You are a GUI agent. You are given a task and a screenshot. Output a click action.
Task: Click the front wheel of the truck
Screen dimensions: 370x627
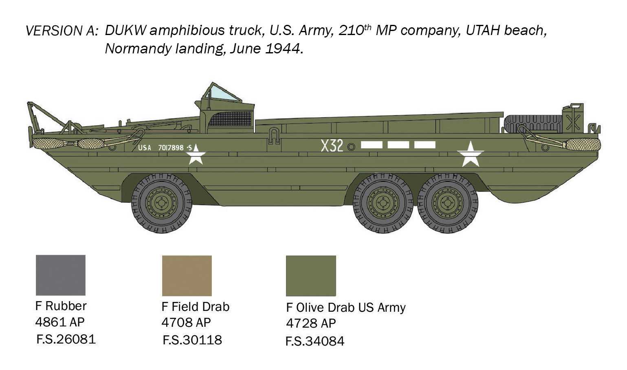pos(162,203)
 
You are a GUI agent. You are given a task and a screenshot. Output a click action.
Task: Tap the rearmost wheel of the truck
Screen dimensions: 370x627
pos(448,203)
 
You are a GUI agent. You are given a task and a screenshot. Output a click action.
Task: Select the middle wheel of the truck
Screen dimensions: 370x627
pos(383,203)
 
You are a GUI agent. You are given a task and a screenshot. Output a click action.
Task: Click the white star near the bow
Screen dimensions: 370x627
pos(196,154)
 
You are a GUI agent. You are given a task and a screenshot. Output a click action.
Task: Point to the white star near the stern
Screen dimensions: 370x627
pos(471,154)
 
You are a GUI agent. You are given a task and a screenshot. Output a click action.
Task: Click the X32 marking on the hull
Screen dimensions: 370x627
pos(332,145)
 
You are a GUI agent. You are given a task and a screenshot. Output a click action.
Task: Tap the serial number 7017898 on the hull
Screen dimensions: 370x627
pos(171,148)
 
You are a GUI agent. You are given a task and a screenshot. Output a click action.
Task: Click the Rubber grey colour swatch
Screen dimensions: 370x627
pos(61,275)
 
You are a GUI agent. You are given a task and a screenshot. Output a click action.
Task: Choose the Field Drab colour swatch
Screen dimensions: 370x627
pos(187,275)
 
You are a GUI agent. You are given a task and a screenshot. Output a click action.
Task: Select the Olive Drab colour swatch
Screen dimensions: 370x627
pos(311,276)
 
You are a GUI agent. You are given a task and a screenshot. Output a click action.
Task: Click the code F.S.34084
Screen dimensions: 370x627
pos(315,341)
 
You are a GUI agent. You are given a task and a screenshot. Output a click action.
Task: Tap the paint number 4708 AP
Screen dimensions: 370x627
pos(186,323)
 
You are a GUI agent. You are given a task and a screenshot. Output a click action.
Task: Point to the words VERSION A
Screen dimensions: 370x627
pos(62,31)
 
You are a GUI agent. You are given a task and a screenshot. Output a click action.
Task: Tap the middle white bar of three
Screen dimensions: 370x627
pos(398,145)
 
